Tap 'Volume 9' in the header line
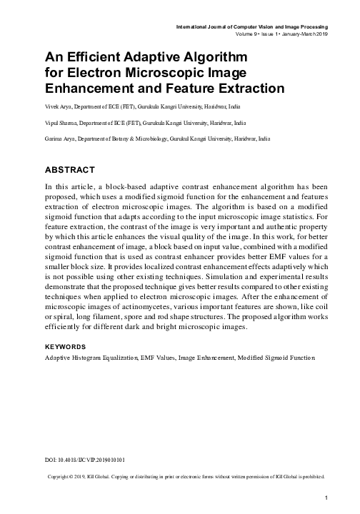pos(248,34)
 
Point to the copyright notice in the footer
pos(186,475)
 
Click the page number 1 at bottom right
pos(325,498)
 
